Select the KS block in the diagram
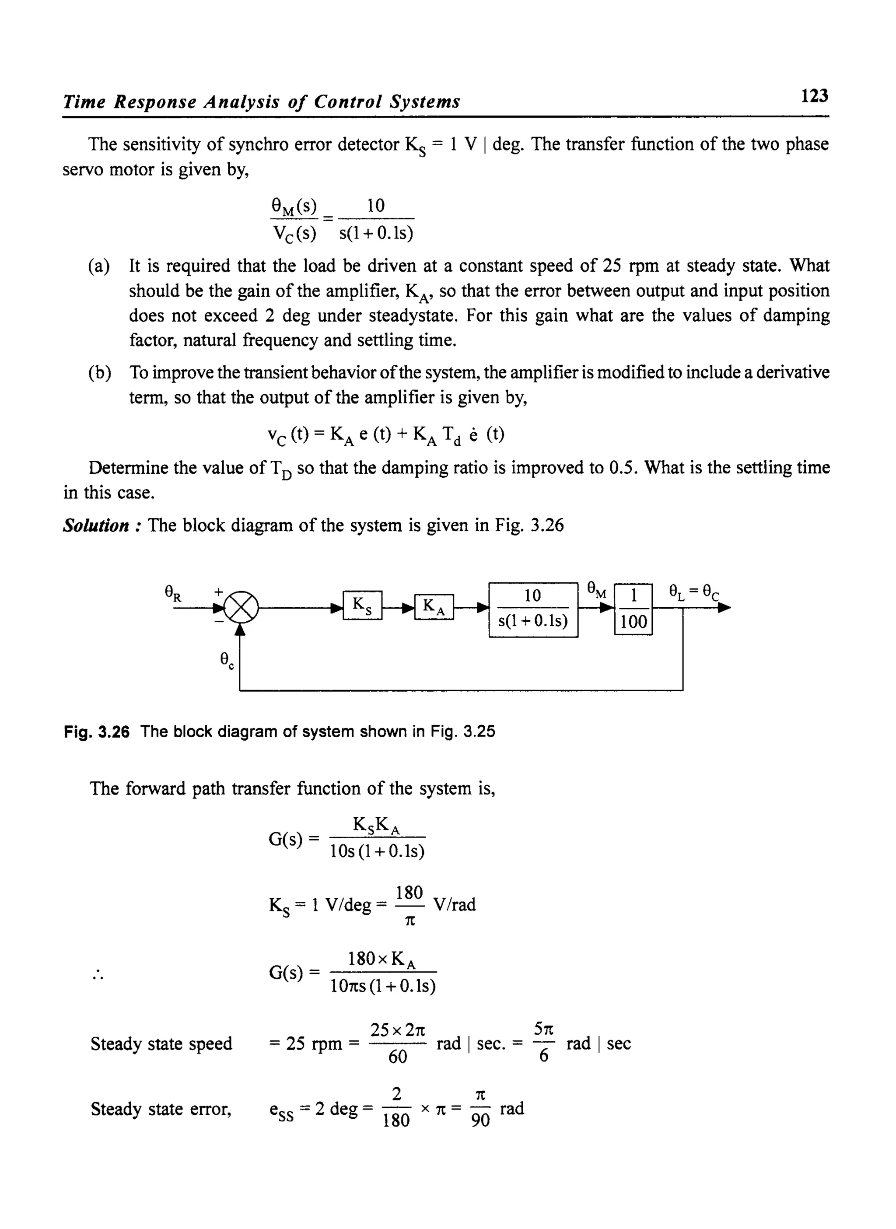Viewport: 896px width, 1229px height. [362, 605]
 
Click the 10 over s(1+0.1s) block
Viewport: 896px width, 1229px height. [533, 609]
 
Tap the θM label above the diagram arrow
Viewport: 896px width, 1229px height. [597, 589]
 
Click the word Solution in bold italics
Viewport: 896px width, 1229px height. [95, 525]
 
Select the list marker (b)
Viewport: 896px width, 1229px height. [99, 373]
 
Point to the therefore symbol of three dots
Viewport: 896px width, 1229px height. [98, 975]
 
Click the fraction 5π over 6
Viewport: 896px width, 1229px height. [544, 1043]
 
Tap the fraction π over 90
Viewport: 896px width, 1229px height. [480, 1108]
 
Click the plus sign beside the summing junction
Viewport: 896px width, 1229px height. [218, 592]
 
